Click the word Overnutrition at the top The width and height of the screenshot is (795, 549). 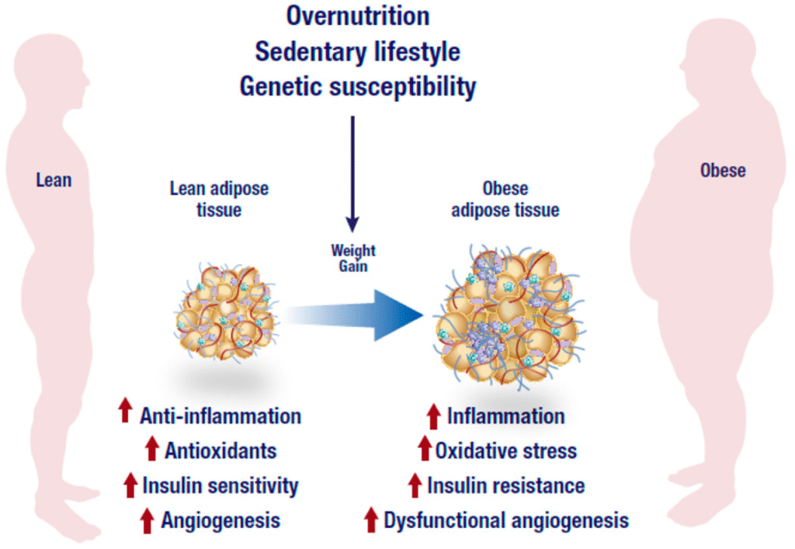357,16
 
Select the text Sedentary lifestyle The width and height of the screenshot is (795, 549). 357,51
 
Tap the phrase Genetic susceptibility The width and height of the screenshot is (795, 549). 357,86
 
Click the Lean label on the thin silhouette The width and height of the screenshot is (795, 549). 54,180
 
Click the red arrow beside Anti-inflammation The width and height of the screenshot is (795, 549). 125,412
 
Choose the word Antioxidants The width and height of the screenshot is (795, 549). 220,450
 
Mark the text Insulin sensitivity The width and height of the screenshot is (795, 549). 220,486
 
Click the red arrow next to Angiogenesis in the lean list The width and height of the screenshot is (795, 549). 147,520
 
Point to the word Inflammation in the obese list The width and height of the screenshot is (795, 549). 505,416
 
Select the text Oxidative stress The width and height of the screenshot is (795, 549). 505,450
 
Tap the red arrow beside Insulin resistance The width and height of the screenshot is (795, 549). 415,485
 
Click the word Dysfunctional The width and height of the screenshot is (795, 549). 441,520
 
